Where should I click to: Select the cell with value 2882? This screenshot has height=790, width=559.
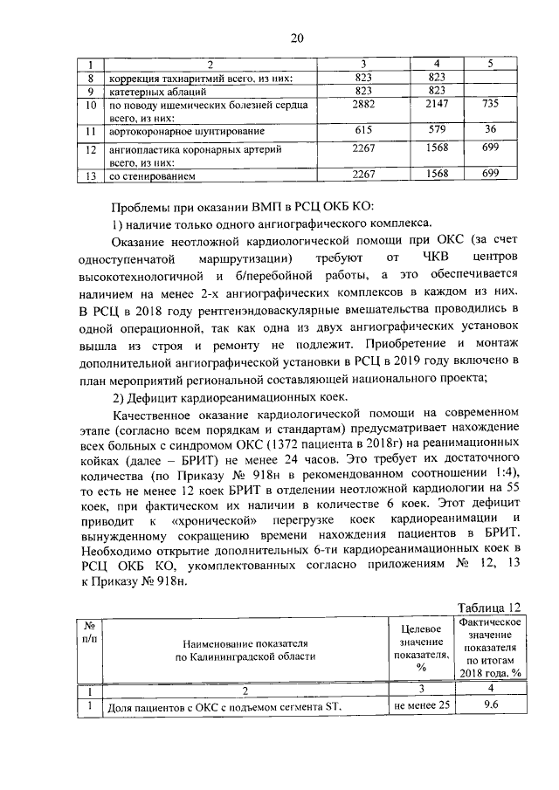[x=362, y=104]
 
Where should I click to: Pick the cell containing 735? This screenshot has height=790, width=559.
[x=490, y=104]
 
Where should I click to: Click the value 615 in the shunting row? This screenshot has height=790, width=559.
[x=362, y=129]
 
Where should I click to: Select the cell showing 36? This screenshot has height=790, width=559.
[x=490, y=129]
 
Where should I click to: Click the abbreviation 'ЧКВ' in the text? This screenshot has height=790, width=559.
[x=437, y=258]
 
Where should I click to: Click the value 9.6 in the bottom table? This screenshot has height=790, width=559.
[x=490, y=705]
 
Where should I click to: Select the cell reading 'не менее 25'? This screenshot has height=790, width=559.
[x=420, y=705]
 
